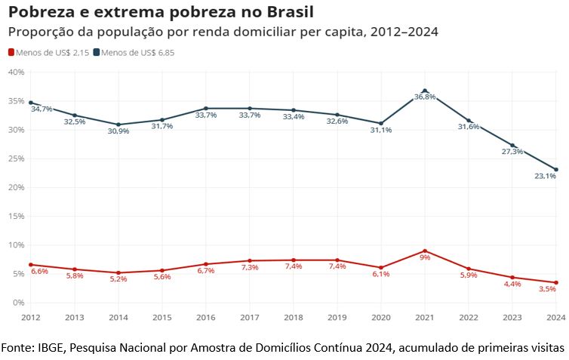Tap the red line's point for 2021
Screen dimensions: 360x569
pyautogui.click(x=425, y=251)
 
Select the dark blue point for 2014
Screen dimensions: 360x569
pyautogui.click(x=118, y=125)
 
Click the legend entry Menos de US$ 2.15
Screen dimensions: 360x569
pyautogui.click(x=49, y=52)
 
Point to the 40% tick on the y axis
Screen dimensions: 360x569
pyautogui.click(x=16, y=72)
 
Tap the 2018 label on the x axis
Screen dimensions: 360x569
pyautogui.click(x=294, y=318)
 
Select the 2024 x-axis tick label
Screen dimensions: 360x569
pyautogui.click(x=556, y=318)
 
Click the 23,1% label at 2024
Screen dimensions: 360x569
pyautogui.click(x=546, y=177)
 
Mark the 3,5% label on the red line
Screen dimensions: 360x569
pyautogui.click(x=546, y=289)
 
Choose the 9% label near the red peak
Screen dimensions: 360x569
pyautogui.click(x=425, y=258)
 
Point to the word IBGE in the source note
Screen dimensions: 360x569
pyautogui.click(x=52, y=347)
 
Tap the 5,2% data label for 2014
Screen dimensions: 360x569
pyautogui.click(x=118, y=279)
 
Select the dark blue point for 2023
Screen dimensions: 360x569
pyautogui.click(x=512, y=145)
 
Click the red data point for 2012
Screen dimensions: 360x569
pyautogui.click(x=30, y=265)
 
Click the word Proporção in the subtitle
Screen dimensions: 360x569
pyautogui.click(x=42, y=32)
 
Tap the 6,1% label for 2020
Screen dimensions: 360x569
pyautogui.click(x=381, y=274)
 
